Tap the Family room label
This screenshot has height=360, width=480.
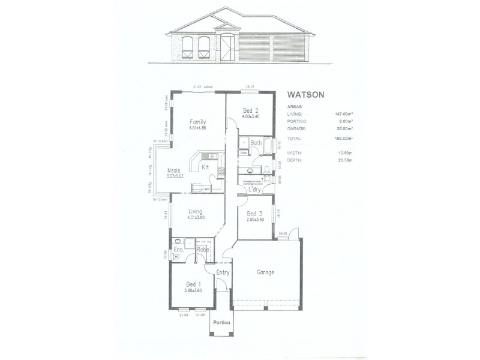click(x=199, y=121)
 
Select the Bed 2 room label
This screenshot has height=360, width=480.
click(x=251, y=110)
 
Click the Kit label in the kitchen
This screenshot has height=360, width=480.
click(x=205, y=167)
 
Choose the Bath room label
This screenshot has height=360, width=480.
click(x=256, y=143)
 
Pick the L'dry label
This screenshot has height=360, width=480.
click(x=255, y=190)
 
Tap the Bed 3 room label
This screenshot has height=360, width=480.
click(x=255, y=214)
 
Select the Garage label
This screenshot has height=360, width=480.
click(x=266, y=272)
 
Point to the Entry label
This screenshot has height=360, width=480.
click(x=223, y=273)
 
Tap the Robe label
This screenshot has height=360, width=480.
click(x=202, y=249)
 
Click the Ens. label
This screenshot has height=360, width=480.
click(x=178, y=249)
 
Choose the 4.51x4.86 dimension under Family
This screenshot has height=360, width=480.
click(x=199, y=128)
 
